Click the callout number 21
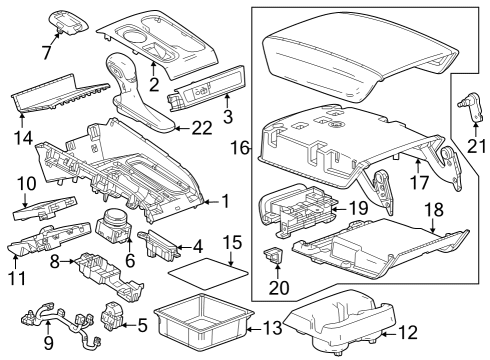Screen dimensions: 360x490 pos(476,148)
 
